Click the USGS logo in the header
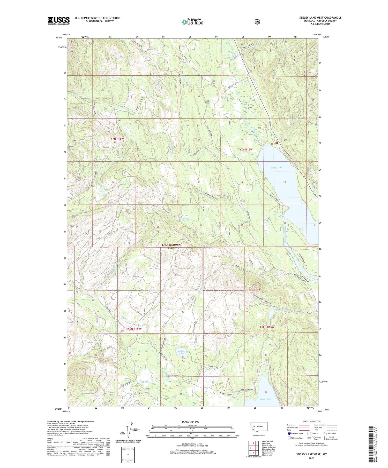tap(59, 21)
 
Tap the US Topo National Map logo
tap(192, 22)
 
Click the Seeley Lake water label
tap(277, 168)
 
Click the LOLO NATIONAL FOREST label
tap(172, 246)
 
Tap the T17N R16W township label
tap(116, 139)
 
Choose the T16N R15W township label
tap(267, 327)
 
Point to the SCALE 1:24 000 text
tap(192, 422)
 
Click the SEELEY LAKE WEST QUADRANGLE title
tap(320, 18)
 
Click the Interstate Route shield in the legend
tap(289, 433)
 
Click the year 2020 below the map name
tap(311, 458)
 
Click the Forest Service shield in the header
tap(257, 22)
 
